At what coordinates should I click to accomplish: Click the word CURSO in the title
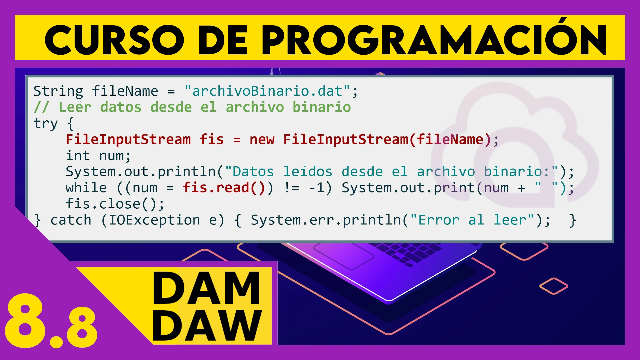point(114,40)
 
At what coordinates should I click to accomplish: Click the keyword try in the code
point(46,124)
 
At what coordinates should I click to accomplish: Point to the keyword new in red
point(262,139)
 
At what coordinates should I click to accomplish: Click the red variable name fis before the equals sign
point(211,139)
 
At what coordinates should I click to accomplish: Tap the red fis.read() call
point(224,188)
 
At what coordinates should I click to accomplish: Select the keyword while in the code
point(86,188)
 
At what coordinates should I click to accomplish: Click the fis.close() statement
point(115,204)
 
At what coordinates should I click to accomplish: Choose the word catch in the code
point(71,220)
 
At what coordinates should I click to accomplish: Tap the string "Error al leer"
point(472,220)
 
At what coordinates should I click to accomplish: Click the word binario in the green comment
point(322,107)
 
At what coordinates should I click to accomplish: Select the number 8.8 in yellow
point(51,321)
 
